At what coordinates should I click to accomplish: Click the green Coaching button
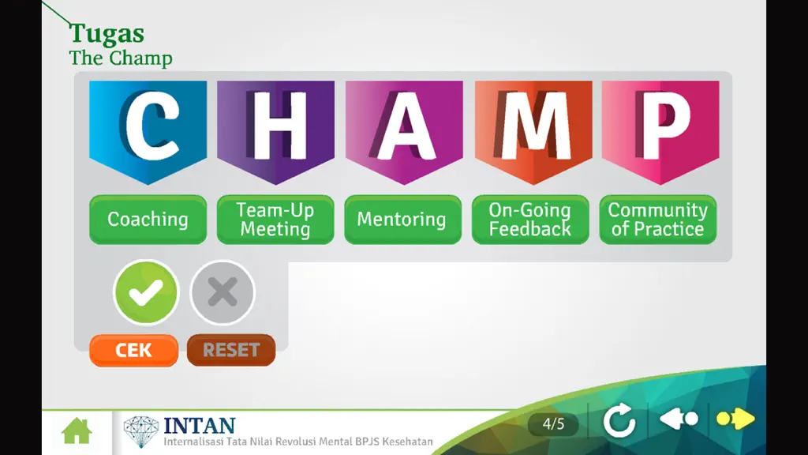[148, 220]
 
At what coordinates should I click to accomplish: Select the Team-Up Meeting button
[275, 220]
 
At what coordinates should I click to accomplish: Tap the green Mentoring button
[402, 220]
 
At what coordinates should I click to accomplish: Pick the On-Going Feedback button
[530, 220]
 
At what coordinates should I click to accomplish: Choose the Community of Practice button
[658, 220]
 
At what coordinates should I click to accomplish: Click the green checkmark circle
[146, 292]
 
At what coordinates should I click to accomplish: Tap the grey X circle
[223, 292]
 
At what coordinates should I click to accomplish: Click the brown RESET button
[231, 350]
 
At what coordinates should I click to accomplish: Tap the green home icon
[77, 431]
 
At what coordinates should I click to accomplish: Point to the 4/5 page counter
[553, 424]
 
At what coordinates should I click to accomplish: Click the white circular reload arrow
[619, 420]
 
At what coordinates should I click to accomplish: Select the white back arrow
[679, 419]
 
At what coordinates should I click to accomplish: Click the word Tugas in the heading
[107, 34]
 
